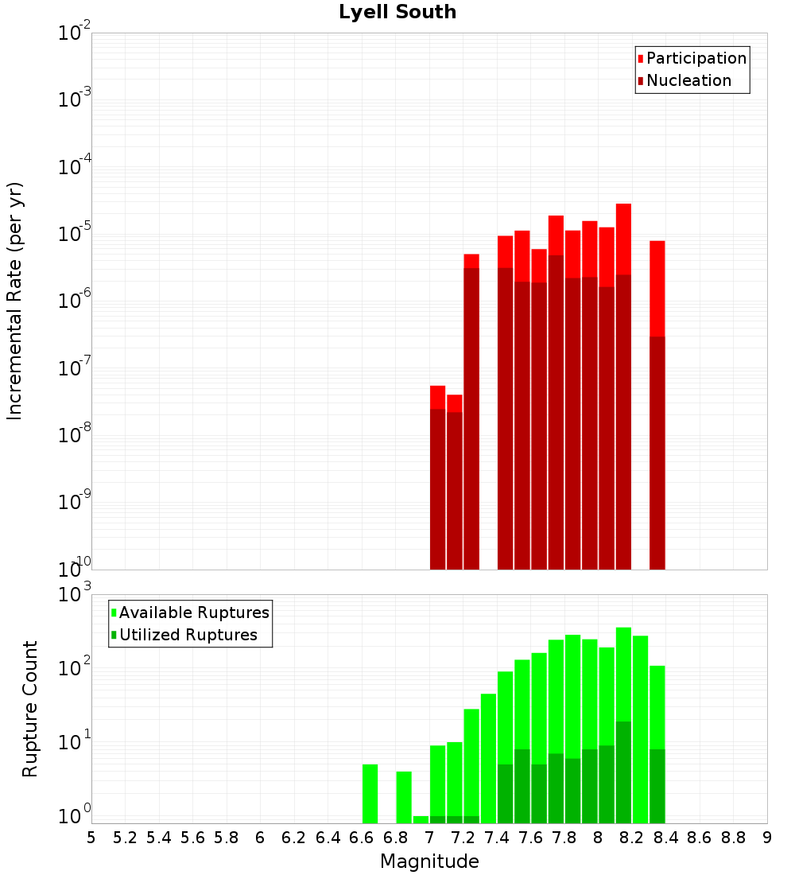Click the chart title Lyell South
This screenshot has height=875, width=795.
click(x=397, y=13)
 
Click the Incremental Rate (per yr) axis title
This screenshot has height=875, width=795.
click(x=15, y=301)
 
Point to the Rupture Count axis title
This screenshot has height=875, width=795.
click(x=30, y=709)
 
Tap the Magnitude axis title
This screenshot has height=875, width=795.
click(x=429, y=861)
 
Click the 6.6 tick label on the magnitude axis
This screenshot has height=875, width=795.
click(x=362, y=838)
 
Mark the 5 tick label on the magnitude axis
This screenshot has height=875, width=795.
click(x=91, y=838)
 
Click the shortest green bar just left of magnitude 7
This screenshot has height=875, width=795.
click(x=421, y=819)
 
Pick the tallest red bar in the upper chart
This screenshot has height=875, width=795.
click(x=623, y=239)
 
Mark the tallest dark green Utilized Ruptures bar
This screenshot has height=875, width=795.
click(x=623, y=772)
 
